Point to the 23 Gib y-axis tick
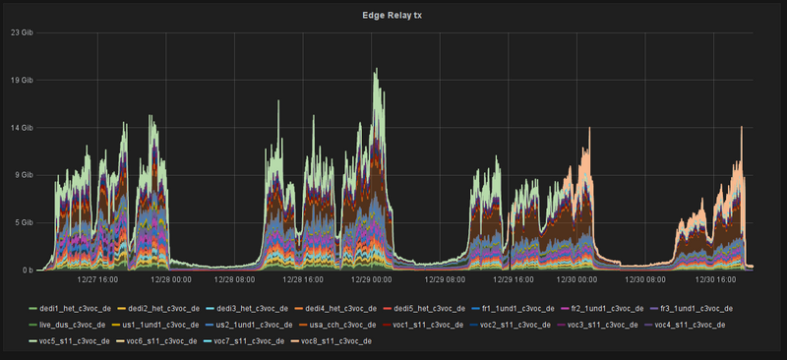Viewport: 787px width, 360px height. (22, 32)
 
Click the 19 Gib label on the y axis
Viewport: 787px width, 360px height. (22, 81)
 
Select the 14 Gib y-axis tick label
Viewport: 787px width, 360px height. (22, 128)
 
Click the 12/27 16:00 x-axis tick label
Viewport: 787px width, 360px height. (87, 279)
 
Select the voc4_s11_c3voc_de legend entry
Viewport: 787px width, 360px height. (689, 325)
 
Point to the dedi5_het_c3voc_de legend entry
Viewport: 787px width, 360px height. (423, 309)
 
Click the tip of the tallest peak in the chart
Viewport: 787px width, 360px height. (374, 70)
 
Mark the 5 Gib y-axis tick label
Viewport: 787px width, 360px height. (24, 223)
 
